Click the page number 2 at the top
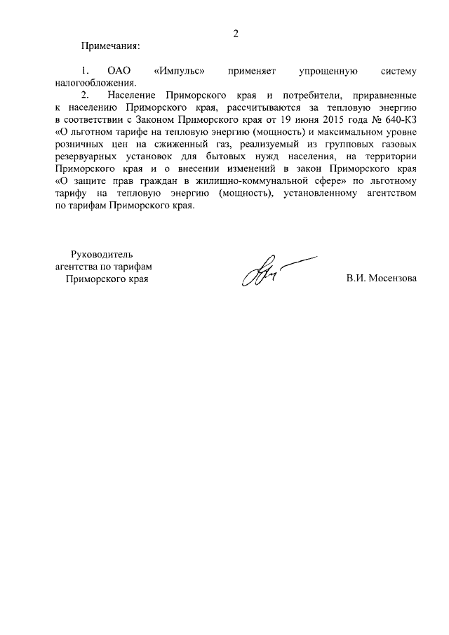pos(236,34)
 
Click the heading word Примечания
pos(111,46)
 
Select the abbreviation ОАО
pos(119,72)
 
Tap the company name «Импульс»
pos(178,72)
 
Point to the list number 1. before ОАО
pos(86,72)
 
